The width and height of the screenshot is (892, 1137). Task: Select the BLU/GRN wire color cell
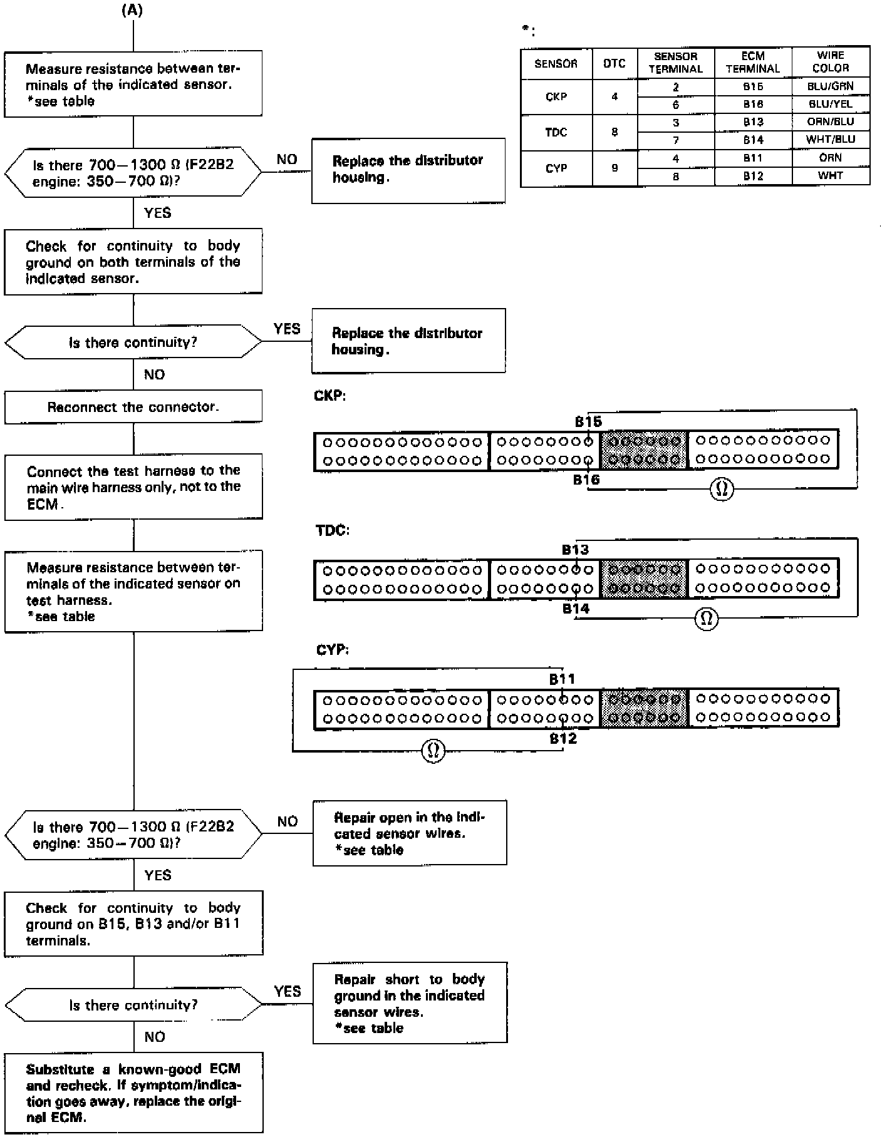point(831,86)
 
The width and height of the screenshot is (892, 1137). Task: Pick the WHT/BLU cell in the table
point(831,140)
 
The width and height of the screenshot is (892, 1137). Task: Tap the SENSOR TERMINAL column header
point(676,63)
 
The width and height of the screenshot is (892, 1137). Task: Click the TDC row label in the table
point(556,132)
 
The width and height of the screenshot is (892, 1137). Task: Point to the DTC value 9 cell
point(615,168)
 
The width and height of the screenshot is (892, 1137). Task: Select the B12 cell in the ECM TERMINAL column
point(753,177)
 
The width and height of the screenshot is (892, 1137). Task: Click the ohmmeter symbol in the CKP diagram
point(722,489)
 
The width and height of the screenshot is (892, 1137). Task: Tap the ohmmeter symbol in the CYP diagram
point(433,750)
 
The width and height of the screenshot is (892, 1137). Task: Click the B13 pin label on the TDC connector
point(575,550)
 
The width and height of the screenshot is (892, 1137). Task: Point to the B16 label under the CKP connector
point(586,480)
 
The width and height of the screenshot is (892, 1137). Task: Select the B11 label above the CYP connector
point(562,679)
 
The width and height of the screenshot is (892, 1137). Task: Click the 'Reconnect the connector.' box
point(133,408)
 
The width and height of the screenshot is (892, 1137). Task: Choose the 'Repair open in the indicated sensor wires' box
point(410,833)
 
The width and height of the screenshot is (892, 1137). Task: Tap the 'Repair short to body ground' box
point(410,1003)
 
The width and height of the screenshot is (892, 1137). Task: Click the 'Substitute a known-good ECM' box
point(133,1093)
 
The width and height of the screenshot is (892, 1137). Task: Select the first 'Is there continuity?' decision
point(133,342)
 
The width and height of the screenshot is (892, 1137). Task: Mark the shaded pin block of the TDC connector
point(644,579)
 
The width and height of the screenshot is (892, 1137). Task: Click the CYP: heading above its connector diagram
point(332,650)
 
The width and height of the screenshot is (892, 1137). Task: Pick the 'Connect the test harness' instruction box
point(133,487)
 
